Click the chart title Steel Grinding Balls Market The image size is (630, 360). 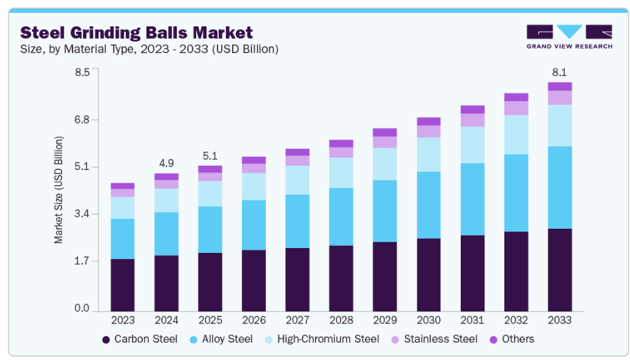[x=136, y=32]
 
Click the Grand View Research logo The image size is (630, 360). [x=569, y=37]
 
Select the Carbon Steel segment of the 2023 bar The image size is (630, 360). [x=122, y=285]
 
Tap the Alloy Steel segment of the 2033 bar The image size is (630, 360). [x=560, y=187]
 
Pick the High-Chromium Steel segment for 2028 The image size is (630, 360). [x=341, y=173]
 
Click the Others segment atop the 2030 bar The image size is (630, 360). [x=428, y=122]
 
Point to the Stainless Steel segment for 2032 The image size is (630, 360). [x=516, y=108]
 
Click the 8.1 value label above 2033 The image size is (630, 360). [x=560, y=72]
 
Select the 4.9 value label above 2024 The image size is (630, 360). [x=166, y=163]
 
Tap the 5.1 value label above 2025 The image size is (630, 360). [x=210, y=155]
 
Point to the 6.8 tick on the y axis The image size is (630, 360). [x=82, y=120]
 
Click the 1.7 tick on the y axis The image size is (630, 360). [x=82, y=261]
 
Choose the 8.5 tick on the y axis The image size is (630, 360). [x=82, y=72]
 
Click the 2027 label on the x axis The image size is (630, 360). [x=297, y=321]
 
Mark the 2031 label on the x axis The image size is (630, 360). [x=472, y=321]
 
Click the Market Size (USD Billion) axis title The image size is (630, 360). [x=59, y=190]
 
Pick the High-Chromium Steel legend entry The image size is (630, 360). [x=322, y=339]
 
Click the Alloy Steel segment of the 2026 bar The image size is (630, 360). [x=254, y=225]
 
